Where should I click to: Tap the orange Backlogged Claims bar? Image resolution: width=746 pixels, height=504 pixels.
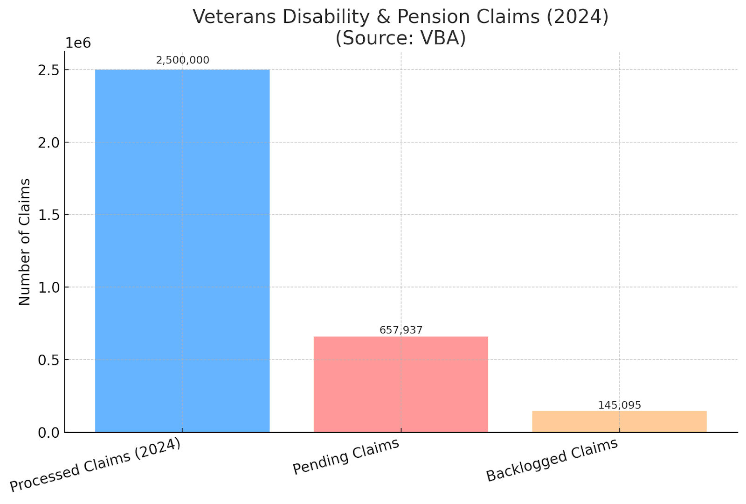click(x=619, y=421)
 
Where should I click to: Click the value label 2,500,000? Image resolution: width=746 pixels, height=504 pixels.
click(x=182, y=60)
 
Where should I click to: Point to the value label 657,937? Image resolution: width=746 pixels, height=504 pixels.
click(x=401, y=330)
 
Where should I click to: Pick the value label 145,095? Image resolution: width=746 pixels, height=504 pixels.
click(x=620, y=405)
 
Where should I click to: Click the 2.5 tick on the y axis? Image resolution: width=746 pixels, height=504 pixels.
click(x=48, y=70)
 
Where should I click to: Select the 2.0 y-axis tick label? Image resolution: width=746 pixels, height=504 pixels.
click(x=48, y=143)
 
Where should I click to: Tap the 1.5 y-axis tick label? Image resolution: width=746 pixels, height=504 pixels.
click(x=48, y=215)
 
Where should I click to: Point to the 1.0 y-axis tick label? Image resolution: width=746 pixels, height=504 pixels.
click(x=48, y=288)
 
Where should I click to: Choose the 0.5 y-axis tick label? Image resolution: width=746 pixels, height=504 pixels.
click(x=48, y=360)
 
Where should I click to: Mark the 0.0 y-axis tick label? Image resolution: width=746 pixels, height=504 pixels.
click(x=48, y=433)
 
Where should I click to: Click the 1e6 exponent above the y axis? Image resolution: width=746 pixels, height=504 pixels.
click(x=78, y=43)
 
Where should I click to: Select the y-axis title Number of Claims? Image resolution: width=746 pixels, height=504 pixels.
click(x=24, y=242)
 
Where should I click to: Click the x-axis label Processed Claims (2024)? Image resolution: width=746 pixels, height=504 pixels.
click(x=95, y=465)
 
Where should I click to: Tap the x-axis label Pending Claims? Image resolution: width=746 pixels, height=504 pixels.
click(x=346, y=456)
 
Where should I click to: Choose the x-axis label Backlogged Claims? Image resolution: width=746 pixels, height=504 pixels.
click(x=552, y=460)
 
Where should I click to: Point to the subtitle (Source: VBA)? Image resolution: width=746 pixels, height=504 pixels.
click(x=401, y=38)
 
